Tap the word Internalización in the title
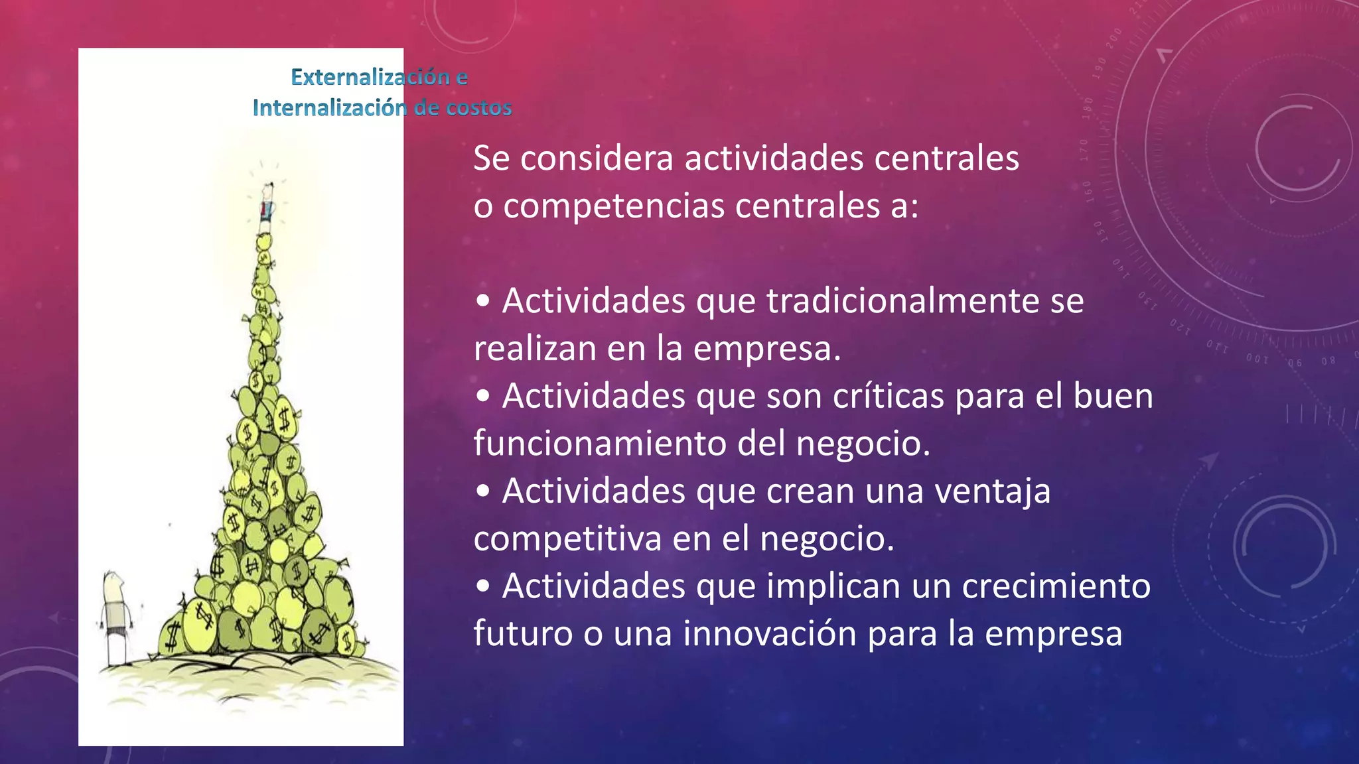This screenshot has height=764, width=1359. pyautogui.click(x=329, y=108)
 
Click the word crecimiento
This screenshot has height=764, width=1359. pyautogui.click(x=1056, y=587)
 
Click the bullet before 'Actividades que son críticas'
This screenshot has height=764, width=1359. pyautogui.click(x=483, y=397)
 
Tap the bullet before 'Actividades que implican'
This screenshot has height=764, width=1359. pyautogui.click(x=483, y=587)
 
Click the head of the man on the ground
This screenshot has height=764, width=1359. pyautogui.click(x=113, y=586)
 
